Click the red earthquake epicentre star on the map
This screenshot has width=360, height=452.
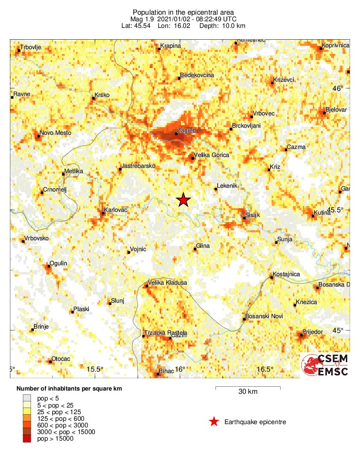[183, 200]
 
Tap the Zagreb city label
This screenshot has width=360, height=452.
[185, 130]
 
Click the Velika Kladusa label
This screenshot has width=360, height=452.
[168, 283]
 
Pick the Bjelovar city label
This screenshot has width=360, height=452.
[336, 110]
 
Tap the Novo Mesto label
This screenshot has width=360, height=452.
[56, 133]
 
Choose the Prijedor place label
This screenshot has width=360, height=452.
[313, 332]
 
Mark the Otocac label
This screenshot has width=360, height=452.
[60, 359]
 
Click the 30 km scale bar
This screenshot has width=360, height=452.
[248, 388]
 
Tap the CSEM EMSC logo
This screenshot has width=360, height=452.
[326, 365]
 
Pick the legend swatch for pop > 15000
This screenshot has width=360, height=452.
[28, 439]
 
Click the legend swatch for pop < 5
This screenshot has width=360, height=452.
[28, 399]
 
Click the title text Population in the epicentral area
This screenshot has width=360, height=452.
[183, 12]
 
